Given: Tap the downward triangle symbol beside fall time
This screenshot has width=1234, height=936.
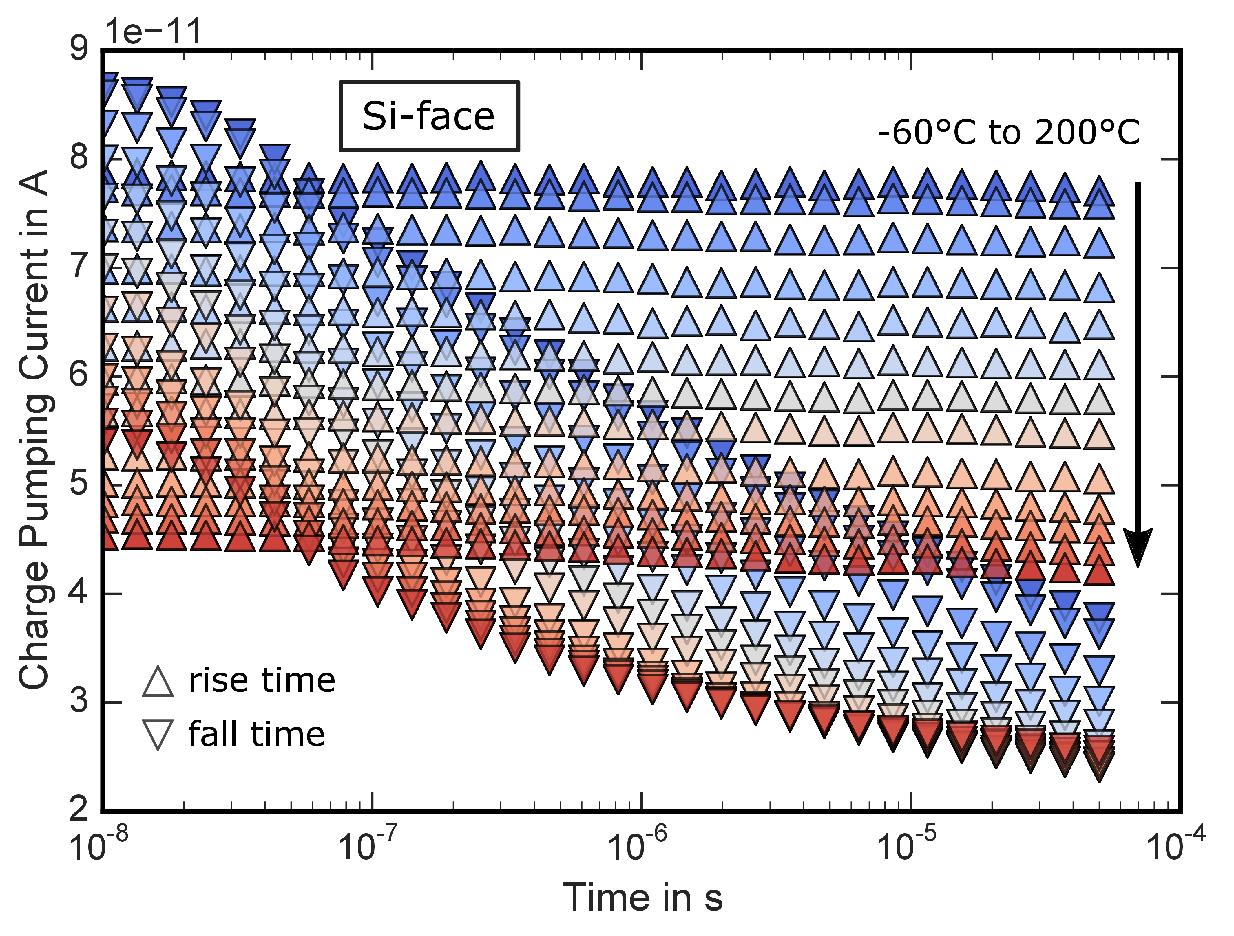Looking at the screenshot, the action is coord(158,735).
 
